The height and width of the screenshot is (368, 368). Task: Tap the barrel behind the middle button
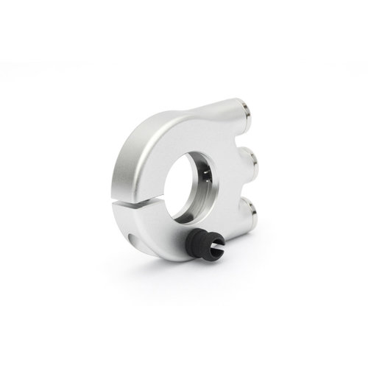tap(240, 160)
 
